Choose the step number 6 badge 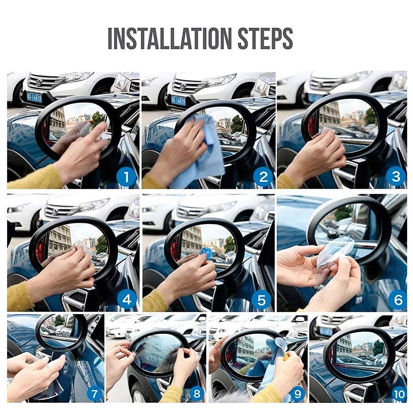[x=397, y=299]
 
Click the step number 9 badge [x=297, y=394]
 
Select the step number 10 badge [x=399, y=394]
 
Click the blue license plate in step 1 [x=34, y=97]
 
